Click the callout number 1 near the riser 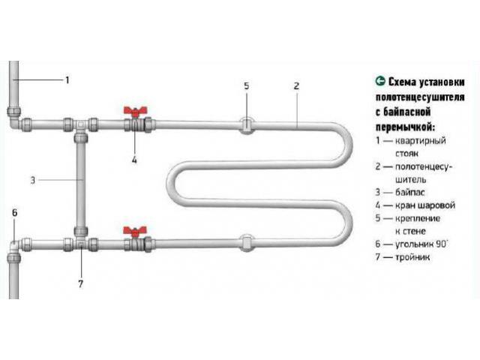click(x=67, y=80)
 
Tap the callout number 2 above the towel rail click(x=296, y=86)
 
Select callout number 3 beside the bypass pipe click(x=33, y=180)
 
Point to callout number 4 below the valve click(x=134, y=160)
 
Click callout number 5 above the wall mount click(x=247, y=86)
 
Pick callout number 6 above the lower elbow click(x=15, y=212)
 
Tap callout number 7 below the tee click(x=80, y=283)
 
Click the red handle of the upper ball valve click(x=135, y=112)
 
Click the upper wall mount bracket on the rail click(x=247, y=125)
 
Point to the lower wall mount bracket click(x=247, y=243)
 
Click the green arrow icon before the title click(x=380, y=81)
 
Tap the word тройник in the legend click(x=412, y=257)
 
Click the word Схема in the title click(x=402, y=82)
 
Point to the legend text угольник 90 click(x=421, y=244)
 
